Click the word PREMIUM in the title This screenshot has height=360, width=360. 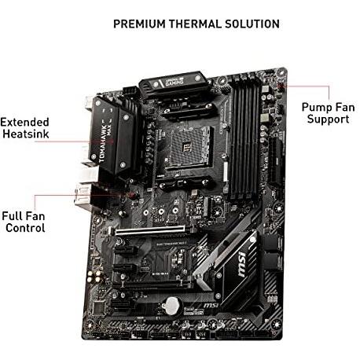click(138, 24)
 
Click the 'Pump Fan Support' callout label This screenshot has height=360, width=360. click(325, 112)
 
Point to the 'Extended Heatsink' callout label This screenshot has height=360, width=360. click(25, 129)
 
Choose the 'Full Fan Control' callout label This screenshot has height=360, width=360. click(23, 221)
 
